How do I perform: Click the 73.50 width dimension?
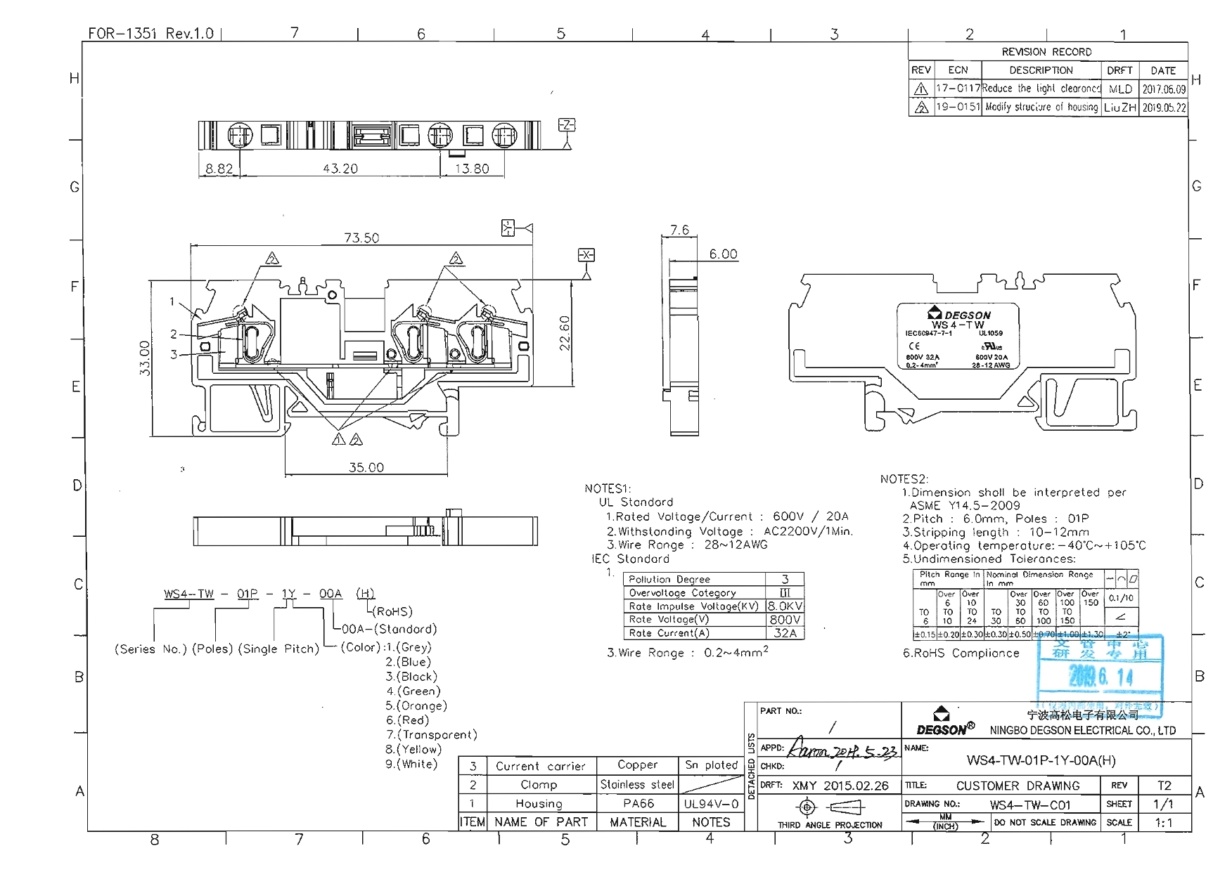[x=361, y=238]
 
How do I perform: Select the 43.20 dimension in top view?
[x=340, y=169]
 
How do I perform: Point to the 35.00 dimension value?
[x=366, y=467]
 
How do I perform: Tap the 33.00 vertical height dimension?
[x=145, y=358]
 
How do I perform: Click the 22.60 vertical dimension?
[x=564, y=332]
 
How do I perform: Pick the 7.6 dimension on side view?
[x=679, y=230]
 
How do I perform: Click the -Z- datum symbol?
[x=566, y=125]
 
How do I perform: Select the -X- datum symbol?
[x=586, y=255]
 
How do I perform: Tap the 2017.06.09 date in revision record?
[x=1163, y=89]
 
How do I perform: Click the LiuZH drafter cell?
[x=1119, y=108]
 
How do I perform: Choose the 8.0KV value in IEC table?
[x=785, y=606]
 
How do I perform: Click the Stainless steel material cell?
[x=637, y=784]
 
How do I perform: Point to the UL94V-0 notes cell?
[x=711, y=803]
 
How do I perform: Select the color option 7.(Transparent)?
[x=432, y=734]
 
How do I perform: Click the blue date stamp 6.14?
[x=1101, y=677]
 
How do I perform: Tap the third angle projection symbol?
[x=830, y=807]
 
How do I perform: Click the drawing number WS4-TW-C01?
[x=1029, y=805]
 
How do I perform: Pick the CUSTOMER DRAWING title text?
[x=1017, y=786]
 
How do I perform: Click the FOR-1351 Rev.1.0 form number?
[x=150, y=33]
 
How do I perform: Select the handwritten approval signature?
[x=842, y=750]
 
